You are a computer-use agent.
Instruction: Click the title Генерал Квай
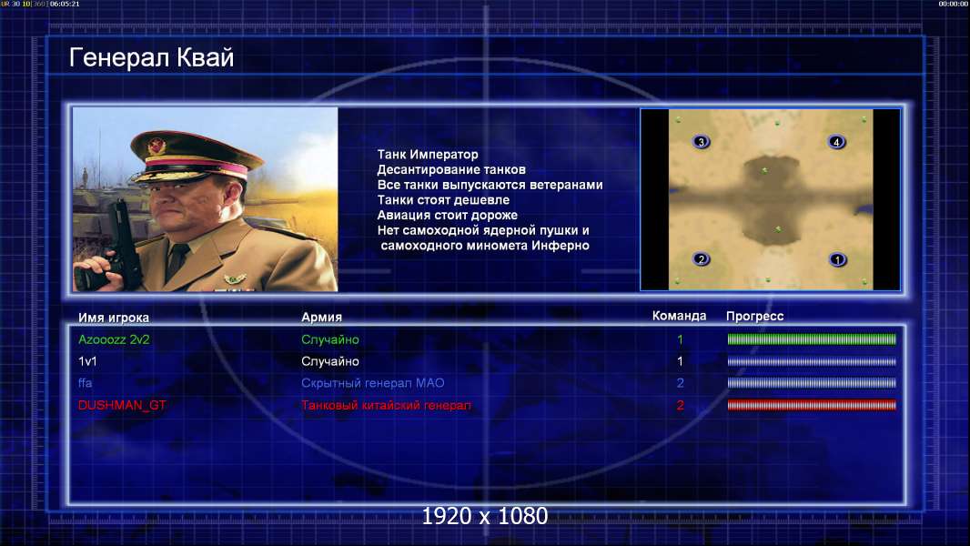coord(152,58)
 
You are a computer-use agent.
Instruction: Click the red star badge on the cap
coord(157,147)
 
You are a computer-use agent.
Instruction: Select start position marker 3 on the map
coord(701,142)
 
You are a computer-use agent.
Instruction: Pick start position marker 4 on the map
coord(836,142)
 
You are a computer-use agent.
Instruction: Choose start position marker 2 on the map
coord(701,258)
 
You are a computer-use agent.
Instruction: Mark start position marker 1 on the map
coord(838,259)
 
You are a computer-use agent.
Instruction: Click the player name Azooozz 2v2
coord(114,339)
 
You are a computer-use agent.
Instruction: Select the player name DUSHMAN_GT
coord(122,405)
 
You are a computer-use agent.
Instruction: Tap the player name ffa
coord(86,383)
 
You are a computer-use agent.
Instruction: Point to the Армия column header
coord(322,317)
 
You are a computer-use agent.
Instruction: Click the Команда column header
coord(679,316)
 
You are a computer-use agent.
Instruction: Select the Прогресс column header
coord(754,316)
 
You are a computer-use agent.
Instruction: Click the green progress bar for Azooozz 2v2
coord(812,339)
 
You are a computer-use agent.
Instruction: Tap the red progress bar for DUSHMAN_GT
coord(812,405)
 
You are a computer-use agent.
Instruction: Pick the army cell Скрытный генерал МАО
coord(372,383)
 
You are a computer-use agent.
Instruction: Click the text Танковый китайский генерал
coord(386,405)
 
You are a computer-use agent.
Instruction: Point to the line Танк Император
coord(428,155)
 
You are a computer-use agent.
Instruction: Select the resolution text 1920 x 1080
coord(485,516)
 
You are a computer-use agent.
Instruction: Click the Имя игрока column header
coord(113,318)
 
